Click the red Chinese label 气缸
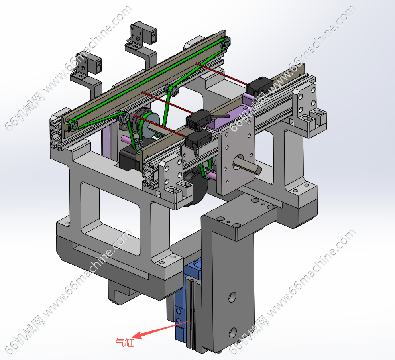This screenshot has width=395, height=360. [x=125, y=342]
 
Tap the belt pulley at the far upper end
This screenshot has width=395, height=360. [x=226, y=45]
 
